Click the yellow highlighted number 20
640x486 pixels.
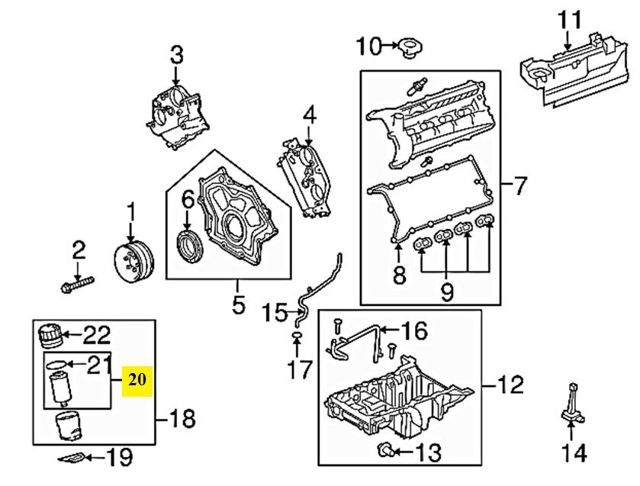[x=137, y=381]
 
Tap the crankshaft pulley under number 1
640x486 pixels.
[x=133, y=262]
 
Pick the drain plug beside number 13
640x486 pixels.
[x=386, y=449]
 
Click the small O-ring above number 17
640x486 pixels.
[x=297, y=336]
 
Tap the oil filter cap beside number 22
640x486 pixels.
[x=50, y=336]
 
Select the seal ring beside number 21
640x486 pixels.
[x=56, y=363]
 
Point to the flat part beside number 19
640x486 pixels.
[x=72, y=459]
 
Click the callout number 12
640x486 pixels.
[x=510, y=385]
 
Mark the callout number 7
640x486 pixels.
[x=519, y=186]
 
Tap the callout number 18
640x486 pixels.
[x=182, y=419]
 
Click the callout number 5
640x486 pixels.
[x=238, y=304]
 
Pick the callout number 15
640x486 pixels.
[x=275, y=313]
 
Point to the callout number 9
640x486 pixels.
[x=446, y=291]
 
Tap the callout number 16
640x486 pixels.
[x=414, y=330]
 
